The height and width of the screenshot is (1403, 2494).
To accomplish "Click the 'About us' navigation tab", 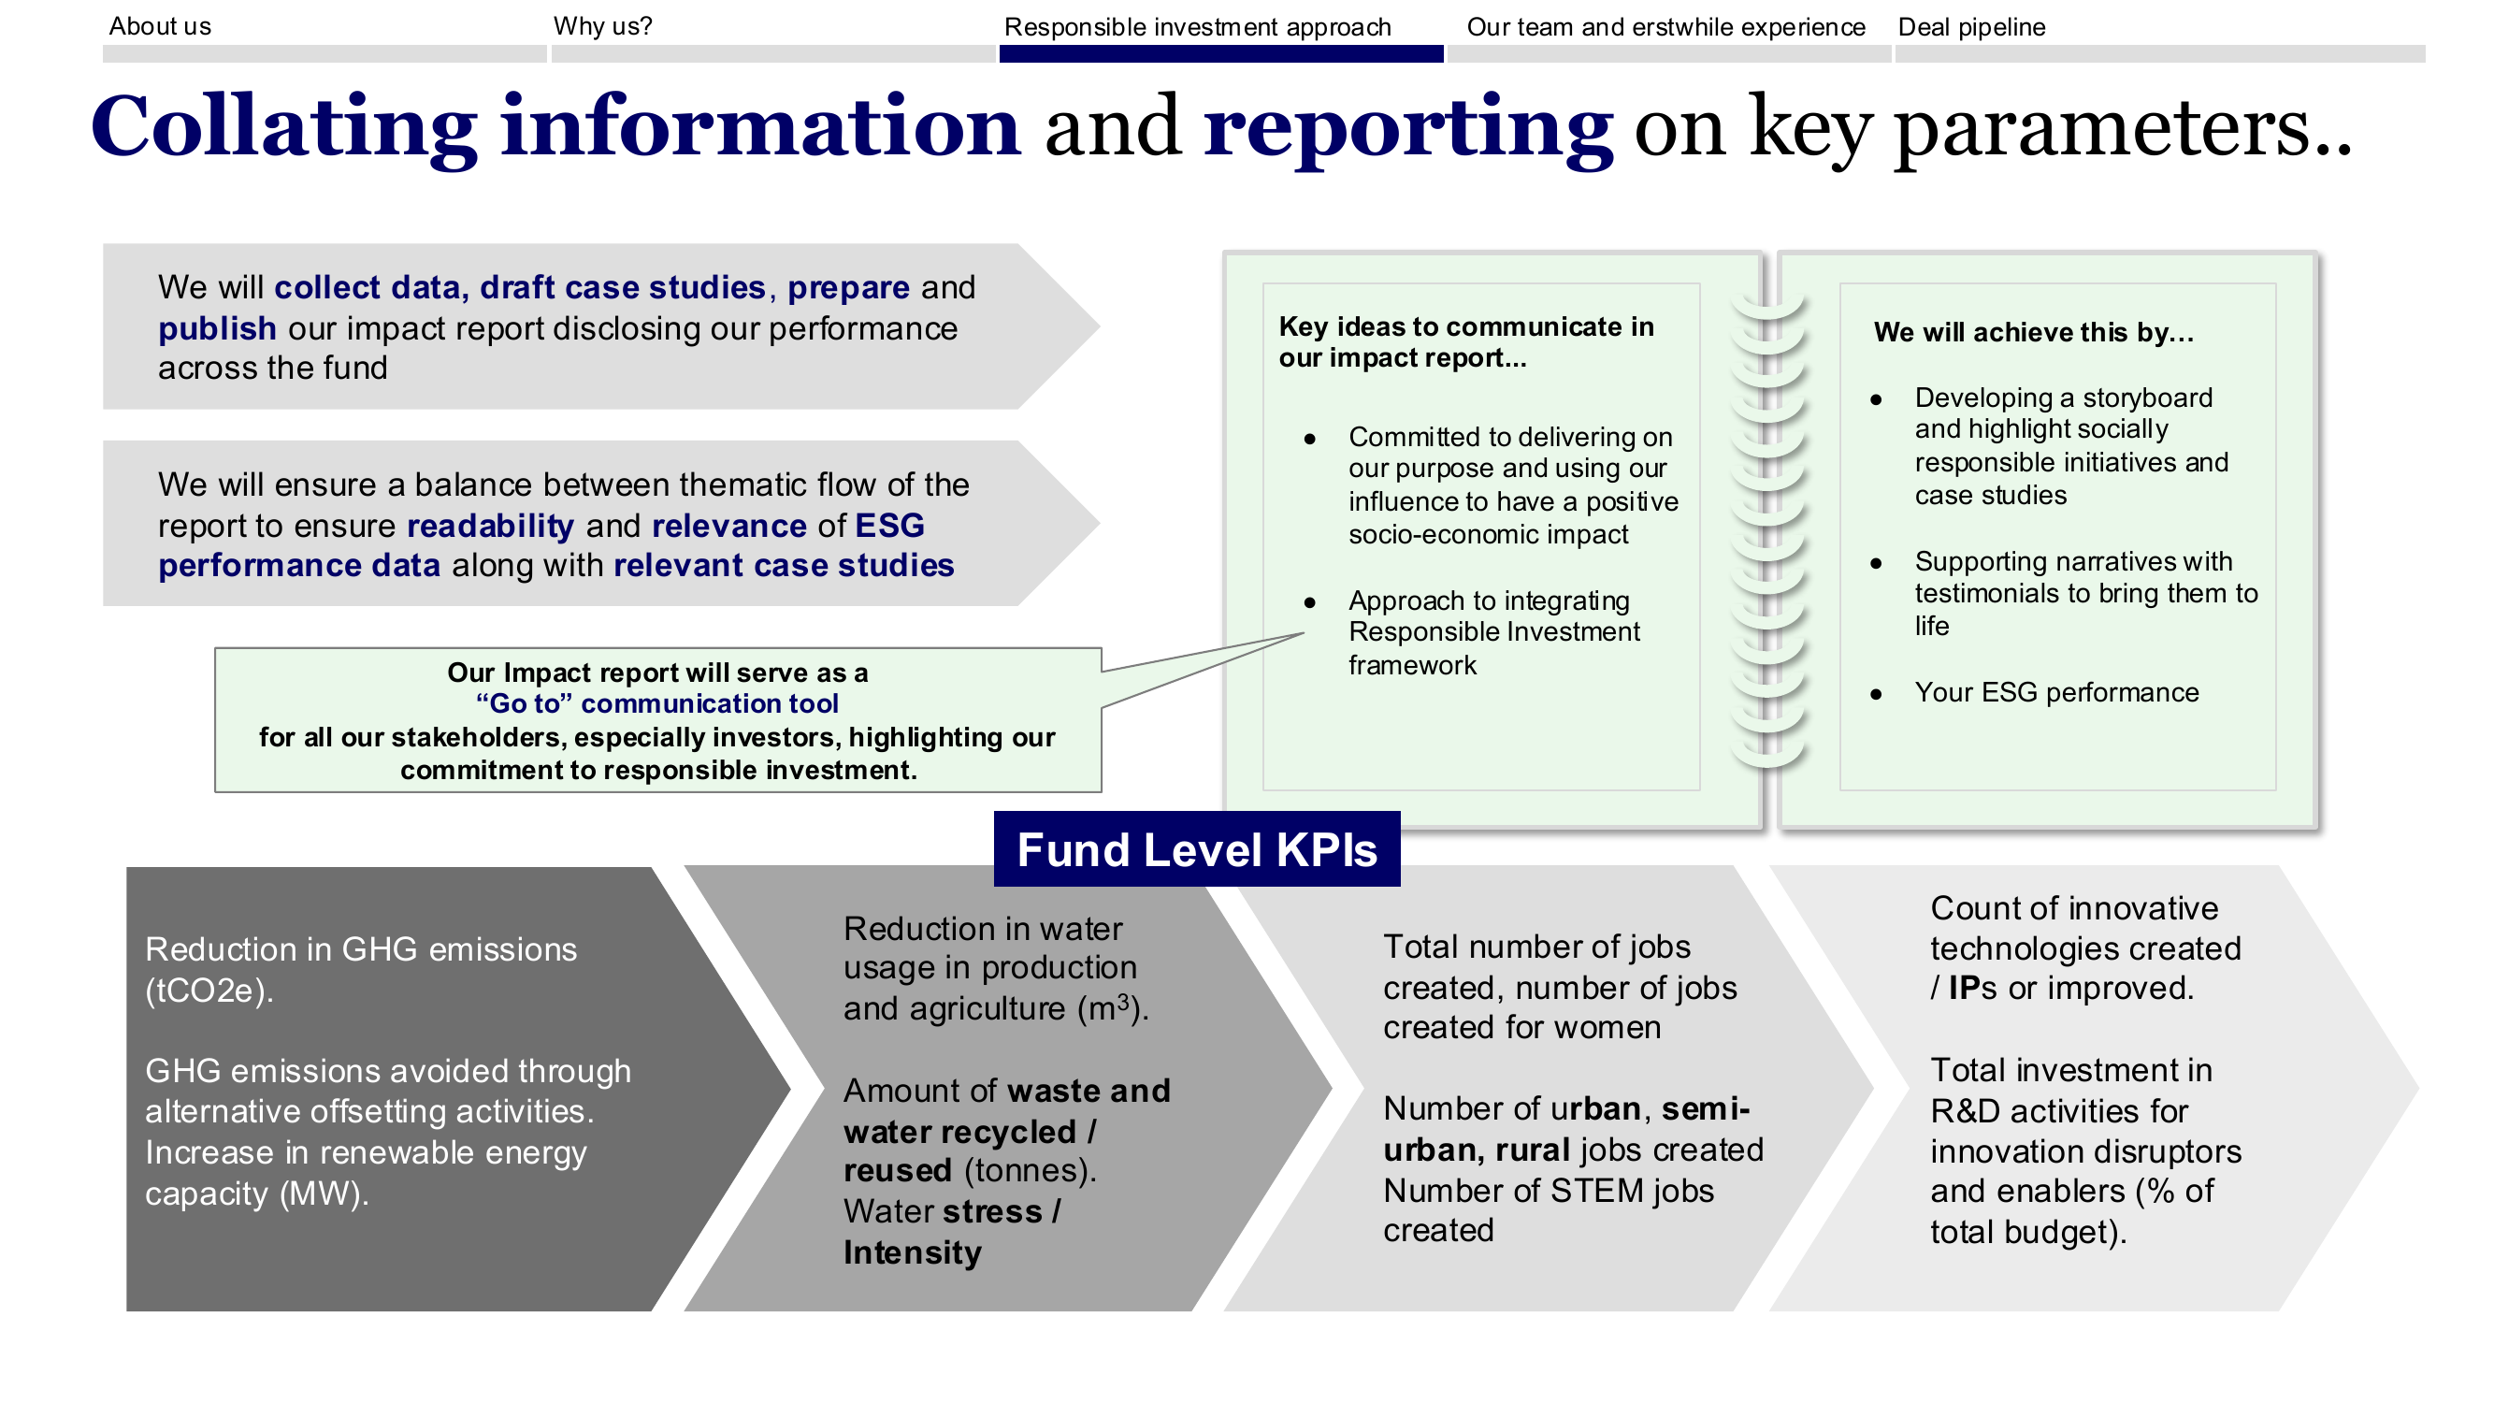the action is click(x=160, y=26).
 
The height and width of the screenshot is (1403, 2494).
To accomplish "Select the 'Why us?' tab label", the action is click(x=602, y=26).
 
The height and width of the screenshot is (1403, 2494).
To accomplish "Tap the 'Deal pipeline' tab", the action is click(x=1971, y=27).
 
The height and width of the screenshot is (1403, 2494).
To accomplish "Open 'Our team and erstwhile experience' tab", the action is click(x=1665, y=27).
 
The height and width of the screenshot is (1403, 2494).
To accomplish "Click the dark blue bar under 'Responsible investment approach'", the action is click(x=1221, y=54).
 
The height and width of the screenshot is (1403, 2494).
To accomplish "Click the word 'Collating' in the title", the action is click(x=283, y=127).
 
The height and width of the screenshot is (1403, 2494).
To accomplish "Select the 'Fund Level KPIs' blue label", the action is click(x=1197, y=849).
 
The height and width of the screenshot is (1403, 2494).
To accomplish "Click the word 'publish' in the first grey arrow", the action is click(x=217, y=329).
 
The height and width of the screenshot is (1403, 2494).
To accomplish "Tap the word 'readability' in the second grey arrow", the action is click(x=491, y=526).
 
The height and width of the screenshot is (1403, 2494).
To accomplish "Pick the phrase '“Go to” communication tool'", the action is click(x=656, y=703).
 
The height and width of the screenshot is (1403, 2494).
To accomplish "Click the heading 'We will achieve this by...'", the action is click(x=2033, y=332).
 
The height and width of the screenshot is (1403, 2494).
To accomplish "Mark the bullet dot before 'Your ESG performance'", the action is click(x=1876, y=694).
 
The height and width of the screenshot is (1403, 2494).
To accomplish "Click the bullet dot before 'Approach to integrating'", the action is click(x=1310, y=602).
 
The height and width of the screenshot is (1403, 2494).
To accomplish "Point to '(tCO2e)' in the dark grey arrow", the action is click(x=209, y=991).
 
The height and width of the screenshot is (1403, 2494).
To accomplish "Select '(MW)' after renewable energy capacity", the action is click(x=324, y=1193).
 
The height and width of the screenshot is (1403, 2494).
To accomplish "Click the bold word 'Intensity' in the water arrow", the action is click(x=912, y=1253).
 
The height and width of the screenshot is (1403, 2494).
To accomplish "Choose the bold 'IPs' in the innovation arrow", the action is click(x=1973, y=989).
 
